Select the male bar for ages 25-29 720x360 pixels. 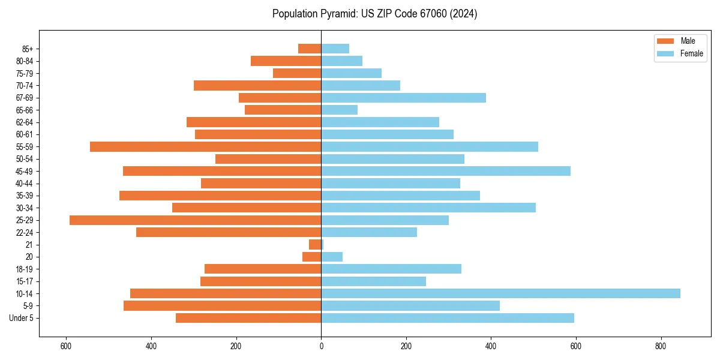click(195, 220)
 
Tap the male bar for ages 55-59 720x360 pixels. click(205, 146)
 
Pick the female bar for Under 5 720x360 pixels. click(447, 318)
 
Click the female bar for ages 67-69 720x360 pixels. click(403, 98)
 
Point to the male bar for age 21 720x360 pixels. click(315, 245)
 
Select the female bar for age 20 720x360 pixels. click(332, 257)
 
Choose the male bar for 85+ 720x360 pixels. click(310, 49)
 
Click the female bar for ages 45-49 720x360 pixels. click(445, 171)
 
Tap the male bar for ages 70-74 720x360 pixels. click(257, 85)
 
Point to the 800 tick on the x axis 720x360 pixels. click(661, 346)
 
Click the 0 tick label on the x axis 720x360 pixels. click(321, 346)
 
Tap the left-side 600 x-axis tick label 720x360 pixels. click(66, 346)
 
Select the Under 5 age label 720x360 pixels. click(21, 318)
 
